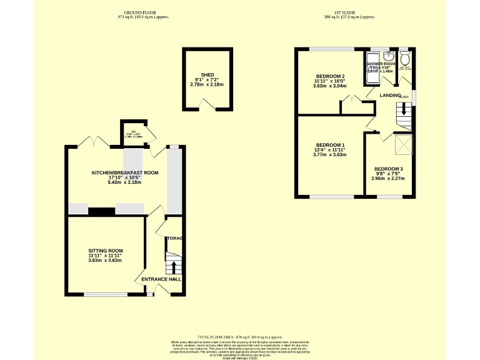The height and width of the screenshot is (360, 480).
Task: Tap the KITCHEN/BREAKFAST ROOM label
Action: click(125, 172)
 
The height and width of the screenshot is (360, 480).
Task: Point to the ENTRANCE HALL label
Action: click(161, 279)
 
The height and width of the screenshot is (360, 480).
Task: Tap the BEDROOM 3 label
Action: click(389, 169)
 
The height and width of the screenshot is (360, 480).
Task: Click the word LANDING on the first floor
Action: click(389, 95)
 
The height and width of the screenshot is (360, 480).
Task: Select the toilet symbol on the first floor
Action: click(406, 58)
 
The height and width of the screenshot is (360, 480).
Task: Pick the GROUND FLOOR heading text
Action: click(142, 12)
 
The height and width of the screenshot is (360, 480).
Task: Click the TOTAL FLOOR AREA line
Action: click(239, 336)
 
